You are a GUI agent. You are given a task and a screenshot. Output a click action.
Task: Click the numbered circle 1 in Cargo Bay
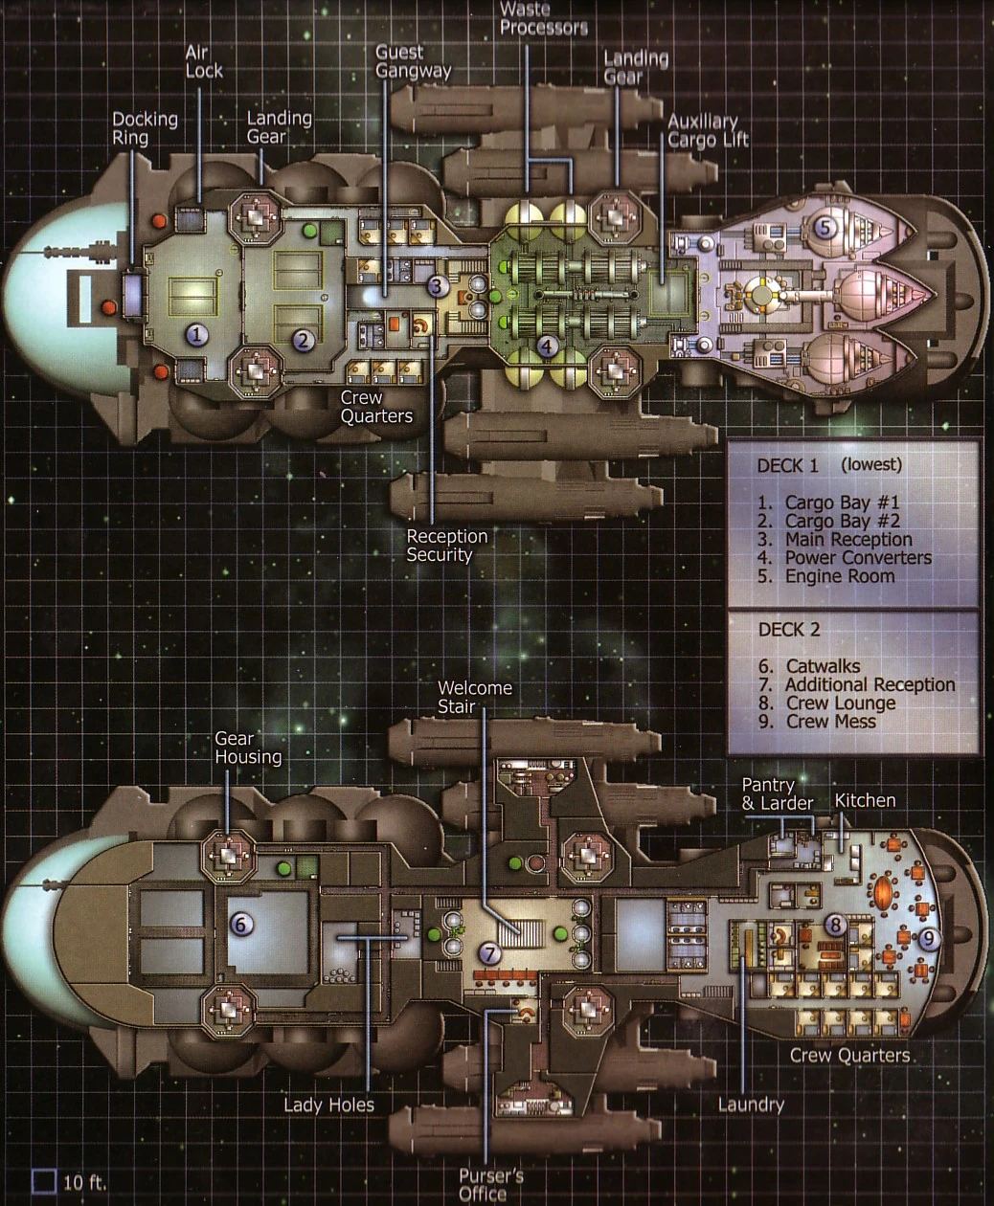pos(197,334)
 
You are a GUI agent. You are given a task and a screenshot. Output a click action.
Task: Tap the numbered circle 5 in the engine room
pos(825,227)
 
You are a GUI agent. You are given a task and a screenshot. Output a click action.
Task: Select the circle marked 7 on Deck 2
pos(490,953)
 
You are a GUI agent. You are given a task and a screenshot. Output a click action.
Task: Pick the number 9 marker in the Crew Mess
pos(929,939)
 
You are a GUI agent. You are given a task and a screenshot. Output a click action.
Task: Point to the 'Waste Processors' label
pos(543,18)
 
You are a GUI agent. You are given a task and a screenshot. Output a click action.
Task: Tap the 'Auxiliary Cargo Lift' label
pos(708,130)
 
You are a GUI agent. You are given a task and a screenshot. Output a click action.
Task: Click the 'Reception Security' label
pos(446,546)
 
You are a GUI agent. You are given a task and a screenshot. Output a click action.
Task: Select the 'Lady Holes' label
pos(328,1105)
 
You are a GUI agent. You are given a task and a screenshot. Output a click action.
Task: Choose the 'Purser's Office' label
pos(491,1185)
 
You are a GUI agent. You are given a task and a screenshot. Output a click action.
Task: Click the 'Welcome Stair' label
pos(474,697)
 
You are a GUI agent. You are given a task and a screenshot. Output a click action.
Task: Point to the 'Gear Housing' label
pos(248,748)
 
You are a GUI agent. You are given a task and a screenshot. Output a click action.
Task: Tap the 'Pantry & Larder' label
pos(778,794)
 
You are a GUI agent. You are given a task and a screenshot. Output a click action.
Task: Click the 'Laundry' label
pos(751,1105)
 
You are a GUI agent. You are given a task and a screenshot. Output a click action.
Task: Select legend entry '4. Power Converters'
pos(844,558)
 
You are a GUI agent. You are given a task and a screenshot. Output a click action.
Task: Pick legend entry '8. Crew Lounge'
pos(826,703)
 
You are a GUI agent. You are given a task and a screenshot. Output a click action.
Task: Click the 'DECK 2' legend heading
pos(789,630)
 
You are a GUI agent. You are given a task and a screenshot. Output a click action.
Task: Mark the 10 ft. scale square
pos(44,1182)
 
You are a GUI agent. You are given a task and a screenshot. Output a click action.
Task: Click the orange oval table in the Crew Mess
pos(883,892)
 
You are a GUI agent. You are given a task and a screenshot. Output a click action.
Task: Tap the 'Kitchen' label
pos(865,800)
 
